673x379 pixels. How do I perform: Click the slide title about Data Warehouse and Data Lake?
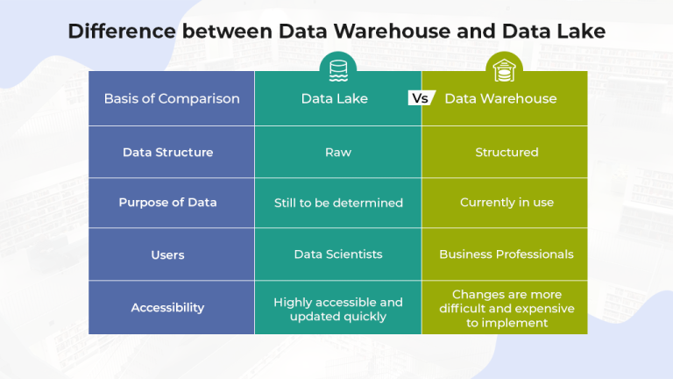pos(336,32)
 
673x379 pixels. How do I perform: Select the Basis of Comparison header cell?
pos(172,98)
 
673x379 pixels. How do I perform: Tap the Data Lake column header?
pos(335,98)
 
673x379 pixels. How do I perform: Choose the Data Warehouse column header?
pos(500,98)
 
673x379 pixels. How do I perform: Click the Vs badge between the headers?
pos(422,98)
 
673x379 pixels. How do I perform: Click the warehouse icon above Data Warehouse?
pos(505,68)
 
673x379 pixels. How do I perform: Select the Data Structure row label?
pos(167,152)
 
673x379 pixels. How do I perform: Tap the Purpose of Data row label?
pos(167,203)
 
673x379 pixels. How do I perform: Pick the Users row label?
pos(167,254)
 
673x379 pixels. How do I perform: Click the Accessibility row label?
pos(167,307)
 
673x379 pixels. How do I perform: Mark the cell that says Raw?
pos(338,152)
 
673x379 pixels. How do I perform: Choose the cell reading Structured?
pos(507,152)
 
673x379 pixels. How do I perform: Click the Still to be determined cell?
pos(338,203)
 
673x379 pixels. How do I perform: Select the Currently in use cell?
pos(507,203)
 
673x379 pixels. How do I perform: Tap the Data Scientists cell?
pos(338,254)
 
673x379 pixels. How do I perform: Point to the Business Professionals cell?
pos(507,254)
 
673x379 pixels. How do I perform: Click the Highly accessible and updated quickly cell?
pos(338,309)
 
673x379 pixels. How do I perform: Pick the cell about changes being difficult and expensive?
pos(507,308)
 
